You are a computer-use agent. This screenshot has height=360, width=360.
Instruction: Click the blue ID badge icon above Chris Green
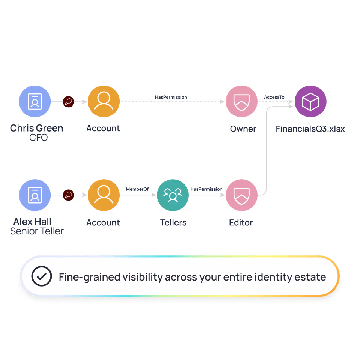pyautogui.click(x=34, y=101)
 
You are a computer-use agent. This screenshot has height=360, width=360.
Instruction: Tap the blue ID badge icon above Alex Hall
pyautogui.click(x=34, y=195)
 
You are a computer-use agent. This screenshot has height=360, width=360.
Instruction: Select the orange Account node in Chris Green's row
pyautogui.click(x=103, y=101)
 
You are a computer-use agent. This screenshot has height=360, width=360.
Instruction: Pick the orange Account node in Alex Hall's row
pyautogui.click(x=103, y=195)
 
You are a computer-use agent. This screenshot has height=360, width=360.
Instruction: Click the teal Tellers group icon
pyautogui.click(x=172, y=195)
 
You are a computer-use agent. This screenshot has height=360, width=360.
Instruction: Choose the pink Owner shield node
pyautogui.click(x=241, y=101)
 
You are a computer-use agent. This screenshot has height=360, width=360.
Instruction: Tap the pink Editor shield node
pyautogui.click(x=241, y=195)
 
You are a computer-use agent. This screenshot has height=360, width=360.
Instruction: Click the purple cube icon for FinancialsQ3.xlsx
pyautogui.click(x=310, y=101)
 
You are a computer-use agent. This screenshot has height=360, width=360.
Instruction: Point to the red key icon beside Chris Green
pyautogui.click(x=68, y=101)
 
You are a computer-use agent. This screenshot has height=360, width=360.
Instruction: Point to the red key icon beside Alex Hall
pyautogui.click(x=68, y=195)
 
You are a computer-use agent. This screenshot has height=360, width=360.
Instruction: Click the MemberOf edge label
pyautogui.click(x=137, y=189)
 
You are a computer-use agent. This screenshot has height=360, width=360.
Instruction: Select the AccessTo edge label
pyautogui.click(x=274, y=97)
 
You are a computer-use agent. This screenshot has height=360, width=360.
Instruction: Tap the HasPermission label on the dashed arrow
pyautogui.click(x=171, y=97)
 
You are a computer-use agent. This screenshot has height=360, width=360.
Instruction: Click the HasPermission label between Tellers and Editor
pyautogui.click(x=206, y=189)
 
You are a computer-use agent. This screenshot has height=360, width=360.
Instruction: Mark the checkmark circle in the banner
pyautogui.click(x=42, y=277)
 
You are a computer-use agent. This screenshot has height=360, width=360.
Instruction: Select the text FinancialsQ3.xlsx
pyautogui.click(x=310, y=129)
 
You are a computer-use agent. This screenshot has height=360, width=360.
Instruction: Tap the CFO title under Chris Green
pyautogui.click(x=39, y=138)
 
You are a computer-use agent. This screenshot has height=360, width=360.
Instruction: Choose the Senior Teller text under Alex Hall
pyautogui.click(x=37, y=231)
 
